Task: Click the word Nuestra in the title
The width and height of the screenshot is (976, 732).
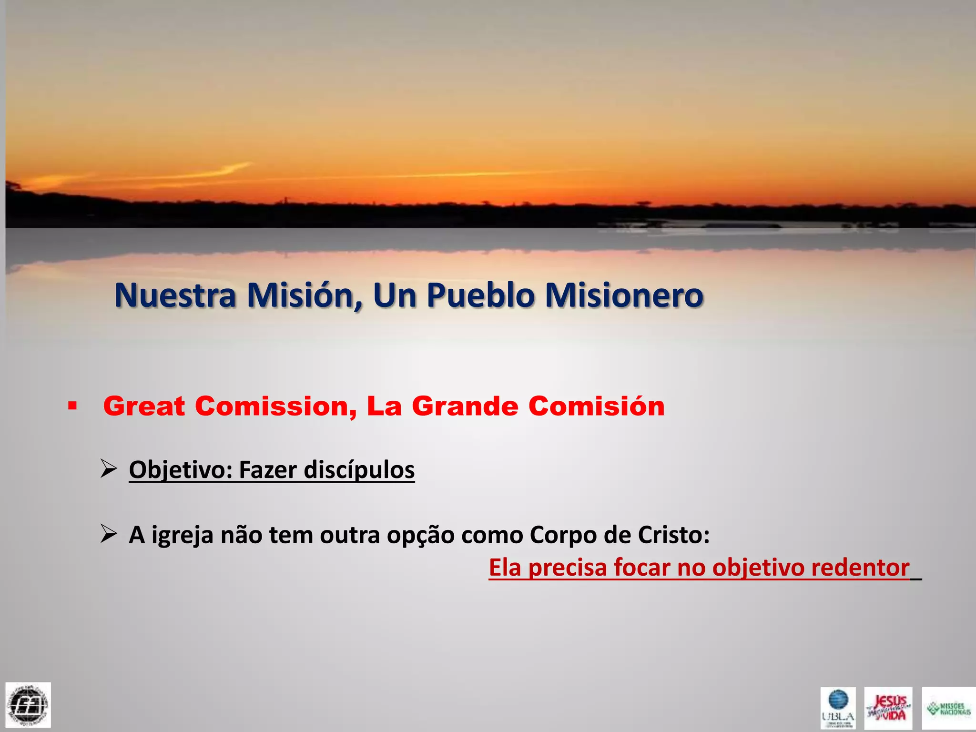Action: coord(175,295)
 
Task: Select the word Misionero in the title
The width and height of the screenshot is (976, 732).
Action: coord(624,295)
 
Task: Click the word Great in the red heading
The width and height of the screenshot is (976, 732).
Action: coord(144,407)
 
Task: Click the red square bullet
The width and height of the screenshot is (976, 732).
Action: coord(72,407)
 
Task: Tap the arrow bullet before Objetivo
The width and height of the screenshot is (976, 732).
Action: coord(109,469)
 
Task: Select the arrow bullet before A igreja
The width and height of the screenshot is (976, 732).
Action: coord(109,534)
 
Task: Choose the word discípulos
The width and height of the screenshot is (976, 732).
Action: coord(359,470)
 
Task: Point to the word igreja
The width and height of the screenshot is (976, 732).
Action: coord(182,535)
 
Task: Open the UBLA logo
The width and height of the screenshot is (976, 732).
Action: coord(838,708)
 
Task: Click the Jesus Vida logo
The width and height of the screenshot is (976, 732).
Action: coord(888,708)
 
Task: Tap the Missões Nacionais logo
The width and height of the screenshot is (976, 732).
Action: coord(948,708)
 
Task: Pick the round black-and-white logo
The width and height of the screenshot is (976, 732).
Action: coord(28,705)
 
